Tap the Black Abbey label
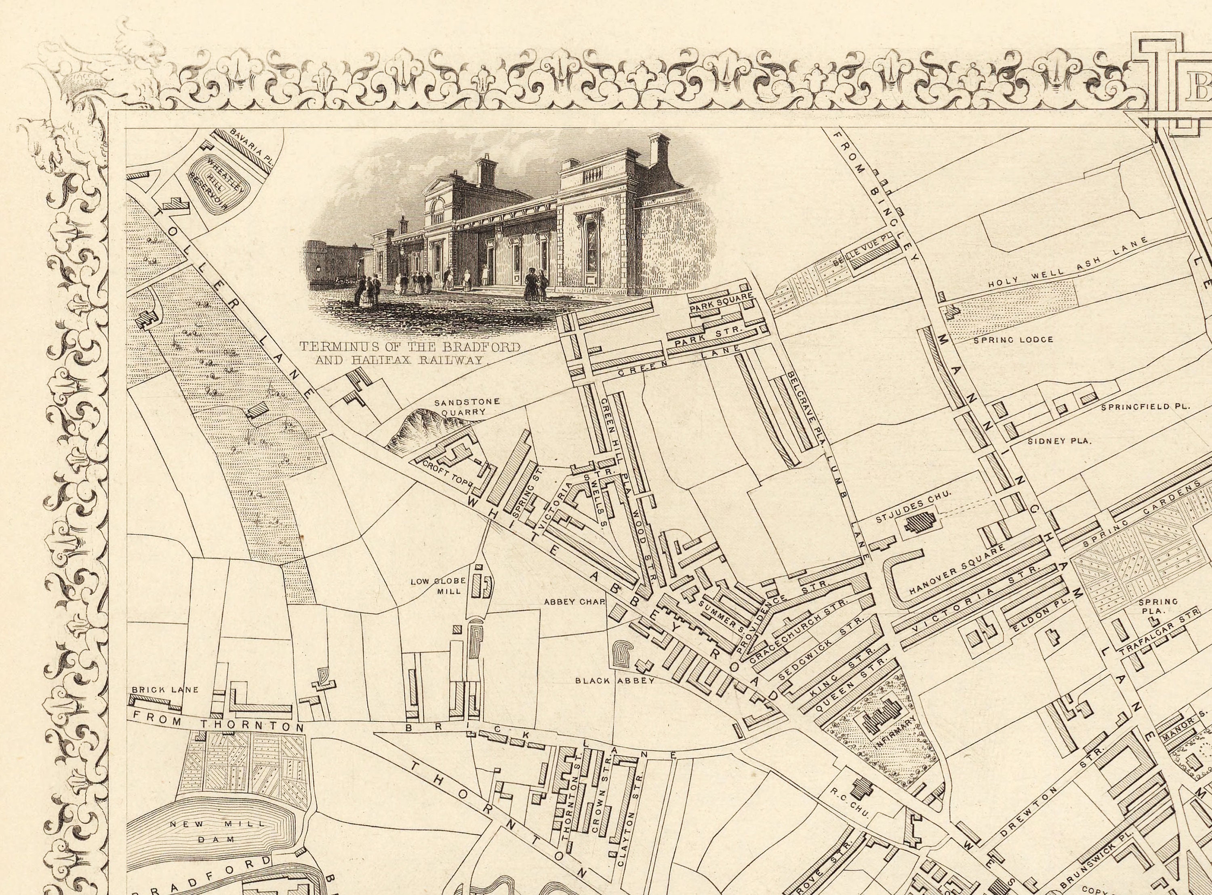[x=615, y=680]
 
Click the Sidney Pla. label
[x=1059, y=441]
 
